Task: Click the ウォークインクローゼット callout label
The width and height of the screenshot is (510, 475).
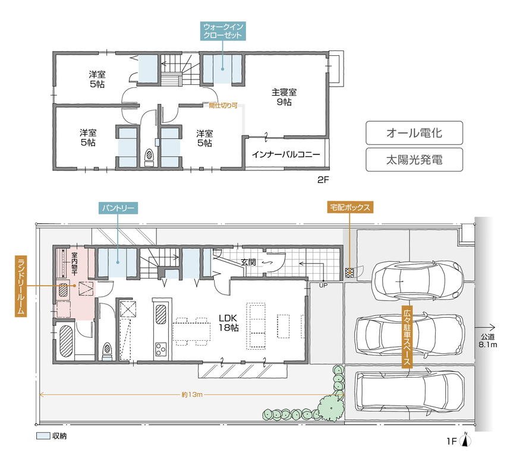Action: click(223, 31)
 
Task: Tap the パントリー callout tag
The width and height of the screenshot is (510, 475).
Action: click(118, 208)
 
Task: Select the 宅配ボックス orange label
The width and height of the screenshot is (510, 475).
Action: click(350, 207)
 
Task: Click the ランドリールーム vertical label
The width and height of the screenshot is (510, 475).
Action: click(21, 286)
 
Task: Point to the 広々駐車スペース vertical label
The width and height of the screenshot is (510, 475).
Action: click(407, 337)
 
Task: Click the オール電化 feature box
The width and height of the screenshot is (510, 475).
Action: click(414, 133)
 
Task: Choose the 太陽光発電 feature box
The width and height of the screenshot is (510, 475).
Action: click(414, 160)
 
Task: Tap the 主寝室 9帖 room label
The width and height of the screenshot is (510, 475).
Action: click(284, 97)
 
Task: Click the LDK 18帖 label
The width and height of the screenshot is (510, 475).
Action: click(228, 322)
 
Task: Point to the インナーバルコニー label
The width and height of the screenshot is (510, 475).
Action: click(286, 154)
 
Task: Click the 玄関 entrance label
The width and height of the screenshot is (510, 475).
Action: click(248, 262)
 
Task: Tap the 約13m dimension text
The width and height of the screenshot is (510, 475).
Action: click(192, 394)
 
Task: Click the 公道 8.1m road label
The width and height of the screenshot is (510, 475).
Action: click(487, 341)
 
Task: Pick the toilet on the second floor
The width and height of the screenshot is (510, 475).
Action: click(149, 157)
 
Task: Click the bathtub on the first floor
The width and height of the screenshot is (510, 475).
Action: click(66, 341)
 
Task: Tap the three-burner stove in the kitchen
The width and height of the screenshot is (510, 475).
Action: click(161, 349)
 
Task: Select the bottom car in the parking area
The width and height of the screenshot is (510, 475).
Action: click(410, 391)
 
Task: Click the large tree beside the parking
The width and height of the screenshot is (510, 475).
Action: click(330, 407)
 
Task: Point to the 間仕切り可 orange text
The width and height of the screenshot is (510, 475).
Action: click(223, 106)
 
